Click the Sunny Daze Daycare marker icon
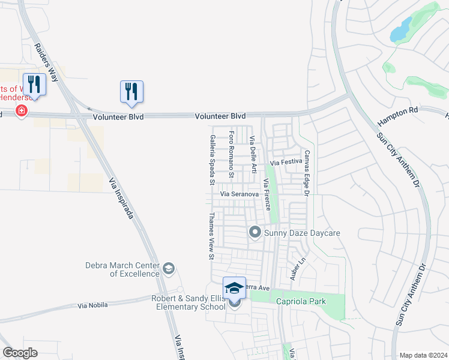click(255, 232)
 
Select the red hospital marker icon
click(22, 110)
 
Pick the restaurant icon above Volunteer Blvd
click(131, 91)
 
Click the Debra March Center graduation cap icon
click(169, 268)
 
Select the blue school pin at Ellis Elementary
click(234, 288)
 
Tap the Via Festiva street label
click(286, 162)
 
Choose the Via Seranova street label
click(239, 194)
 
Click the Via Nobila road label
click(93, 305)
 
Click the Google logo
click(20, 353)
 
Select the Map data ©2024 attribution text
click(423, 355)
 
